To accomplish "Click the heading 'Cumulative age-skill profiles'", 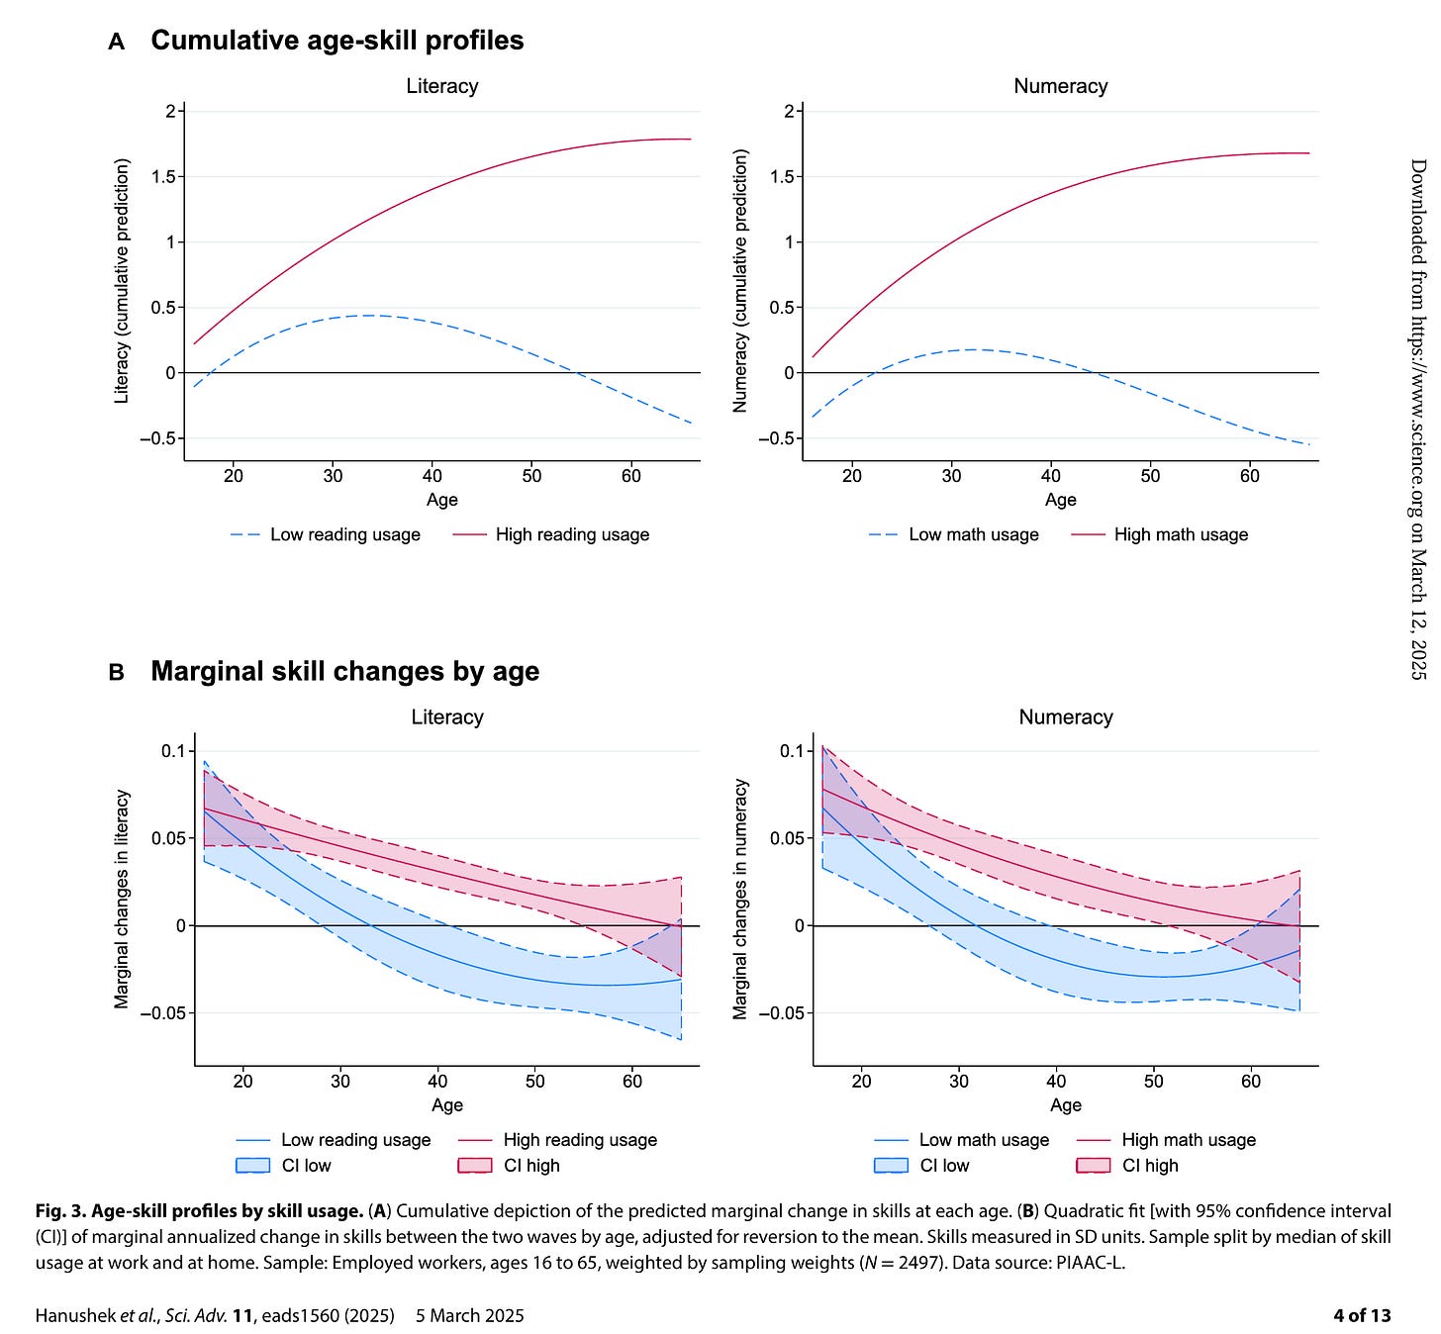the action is tap(336, 41).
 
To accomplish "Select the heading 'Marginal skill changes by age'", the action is tap(344, 671).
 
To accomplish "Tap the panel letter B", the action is tap(116, 673).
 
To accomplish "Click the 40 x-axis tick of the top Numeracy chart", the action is tap(1051, 476).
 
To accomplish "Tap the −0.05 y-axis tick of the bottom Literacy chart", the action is tap(163, 1013).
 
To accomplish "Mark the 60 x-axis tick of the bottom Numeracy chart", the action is tap(1251, 1082).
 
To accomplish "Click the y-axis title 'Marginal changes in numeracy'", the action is tap(739, 900).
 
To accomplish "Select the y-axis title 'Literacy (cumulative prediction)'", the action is tap(121, 281).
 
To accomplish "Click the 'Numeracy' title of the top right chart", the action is tap(1061, 86).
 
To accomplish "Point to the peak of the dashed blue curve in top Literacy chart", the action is tap(370, 316).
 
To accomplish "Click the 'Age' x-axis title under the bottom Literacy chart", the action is tap(447, 1105).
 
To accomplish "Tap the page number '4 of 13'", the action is tap(1362, 1316).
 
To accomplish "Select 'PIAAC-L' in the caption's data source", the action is tap(1090, 1263).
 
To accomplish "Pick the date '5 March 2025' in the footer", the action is tap(469, 1316).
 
